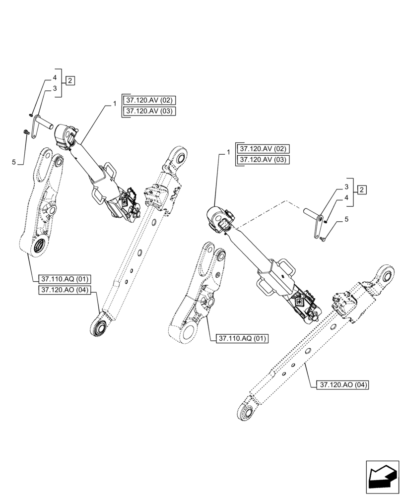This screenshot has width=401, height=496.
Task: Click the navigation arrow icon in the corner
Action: tap(382, 476)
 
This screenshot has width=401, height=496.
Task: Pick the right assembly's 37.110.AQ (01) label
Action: tap(242, 339)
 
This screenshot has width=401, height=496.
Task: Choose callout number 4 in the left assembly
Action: tap(55, 78)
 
